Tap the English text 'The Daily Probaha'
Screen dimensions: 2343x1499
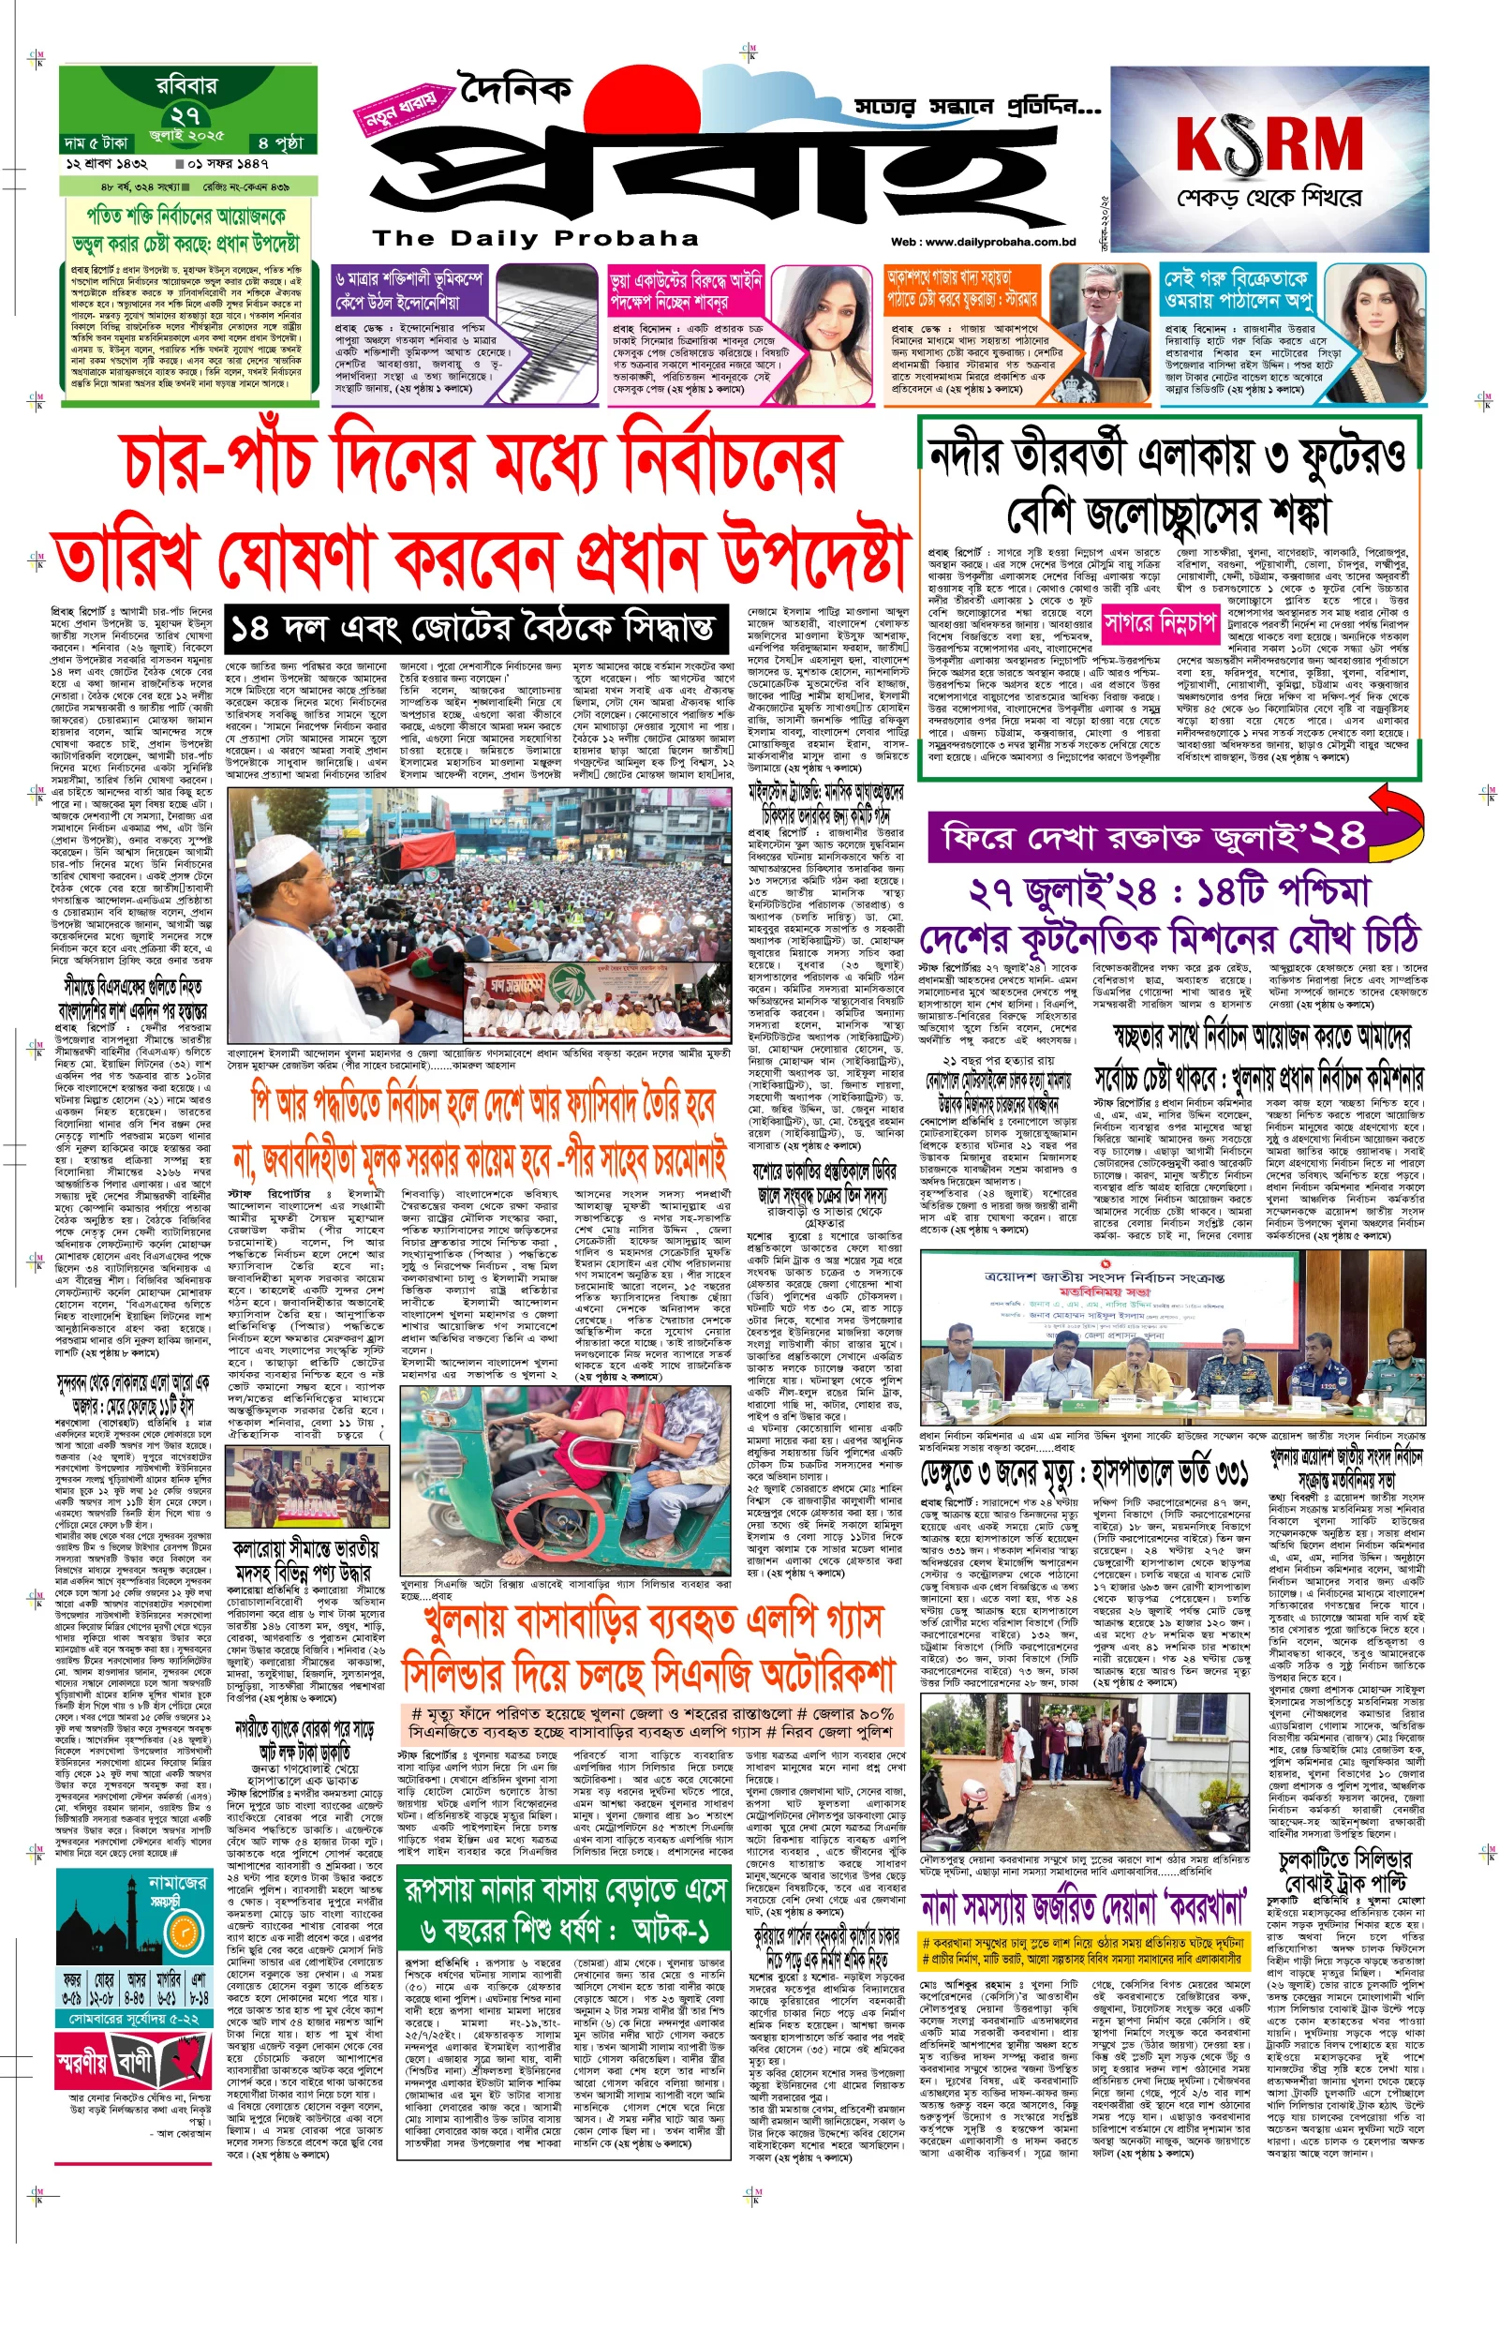click(x=535, y=237)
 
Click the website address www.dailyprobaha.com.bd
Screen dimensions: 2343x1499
click(x=982, y=243)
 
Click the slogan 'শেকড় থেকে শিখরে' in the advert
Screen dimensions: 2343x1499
click(x=1269, y=199)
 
